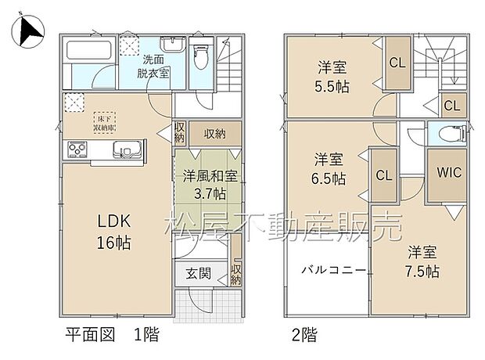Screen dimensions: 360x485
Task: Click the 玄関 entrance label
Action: tap(199, 273)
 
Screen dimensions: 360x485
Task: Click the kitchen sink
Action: tap(124, 149)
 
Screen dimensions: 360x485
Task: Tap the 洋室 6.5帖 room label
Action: tap(328, 168)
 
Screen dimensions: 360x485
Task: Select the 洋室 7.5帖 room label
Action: tap(422, 262)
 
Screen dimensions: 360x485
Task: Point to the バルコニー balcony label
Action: tap(329, 270)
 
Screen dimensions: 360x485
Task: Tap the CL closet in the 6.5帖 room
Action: tap(384, 175)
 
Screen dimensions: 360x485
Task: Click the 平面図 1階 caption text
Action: tap(111, 337)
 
